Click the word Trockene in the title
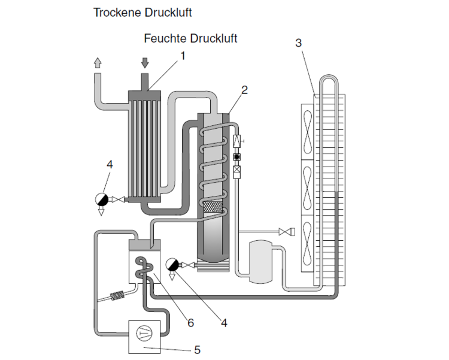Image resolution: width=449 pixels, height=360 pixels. click(113, 12)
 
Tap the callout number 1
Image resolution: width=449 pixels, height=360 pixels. click(183, 56)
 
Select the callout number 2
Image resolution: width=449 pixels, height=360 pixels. click(244, 90)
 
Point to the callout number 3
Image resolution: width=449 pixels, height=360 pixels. click(299, 43)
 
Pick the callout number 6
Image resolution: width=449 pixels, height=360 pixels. click(190, 323)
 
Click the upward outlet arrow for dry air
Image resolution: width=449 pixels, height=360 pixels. click(98, 62)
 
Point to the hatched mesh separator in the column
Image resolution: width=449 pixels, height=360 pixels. click(214, 208)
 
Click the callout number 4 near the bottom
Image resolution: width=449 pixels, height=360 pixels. click(224, 323)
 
